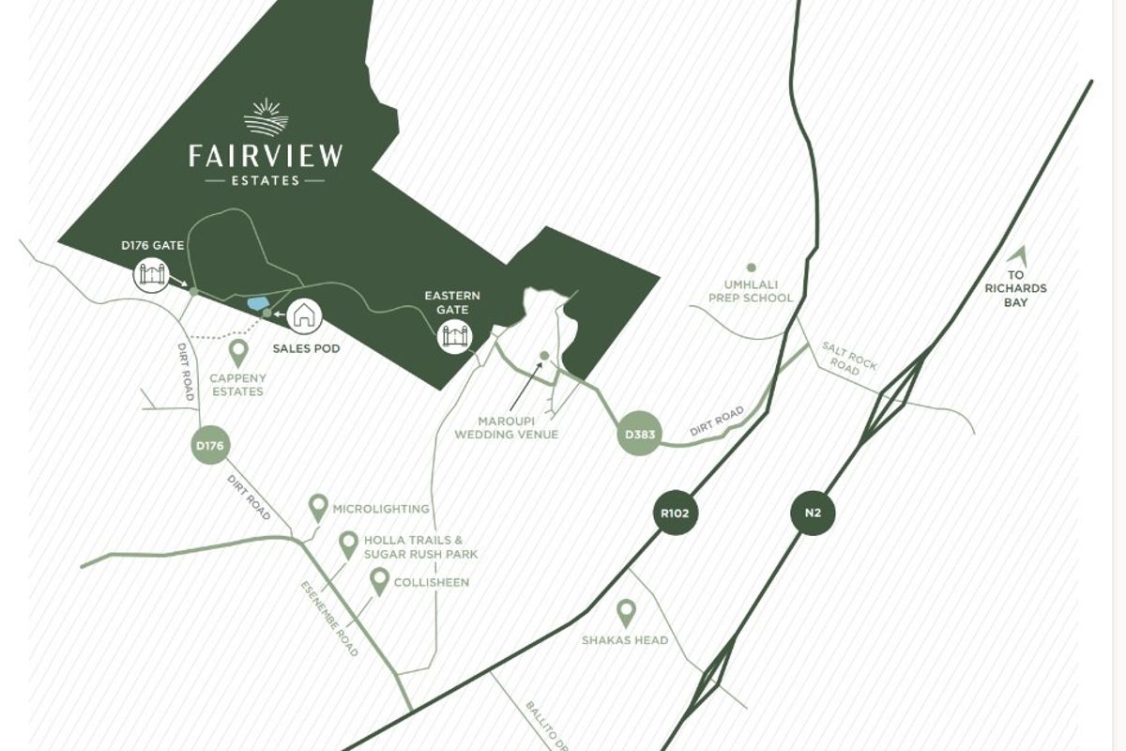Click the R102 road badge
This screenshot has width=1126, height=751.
677,513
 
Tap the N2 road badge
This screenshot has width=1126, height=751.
812,513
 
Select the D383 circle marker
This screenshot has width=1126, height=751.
640,435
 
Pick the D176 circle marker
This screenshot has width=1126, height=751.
210,447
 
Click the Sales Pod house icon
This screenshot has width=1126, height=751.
303,314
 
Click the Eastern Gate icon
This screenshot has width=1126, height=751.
454,335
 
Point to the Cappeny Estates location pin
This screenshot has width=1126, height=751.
238,353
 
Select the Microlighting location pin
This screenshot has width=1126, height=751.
318,508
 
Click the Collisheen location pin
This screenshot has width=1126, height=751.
379,581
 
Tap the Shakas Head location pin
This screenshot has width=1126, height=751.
626,614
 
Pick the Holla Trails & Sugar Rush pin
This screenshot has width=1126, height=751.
348,544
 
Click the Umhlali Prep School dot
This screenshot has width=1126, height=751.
751,268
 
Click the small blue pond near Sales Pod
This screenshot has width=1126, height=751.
255,303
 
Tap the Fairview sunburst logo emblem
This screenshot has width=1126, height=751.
266,117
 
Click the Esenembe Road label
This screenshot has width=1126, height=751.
329,619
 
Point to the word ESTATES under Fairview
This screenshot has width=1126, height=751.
266,179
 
